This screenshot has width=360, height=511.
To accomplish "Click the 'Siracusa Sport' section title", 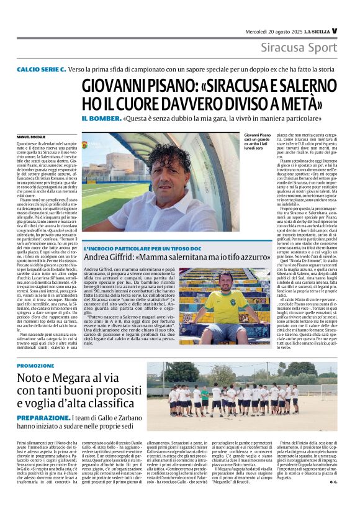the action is click(x=299, y=47).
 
